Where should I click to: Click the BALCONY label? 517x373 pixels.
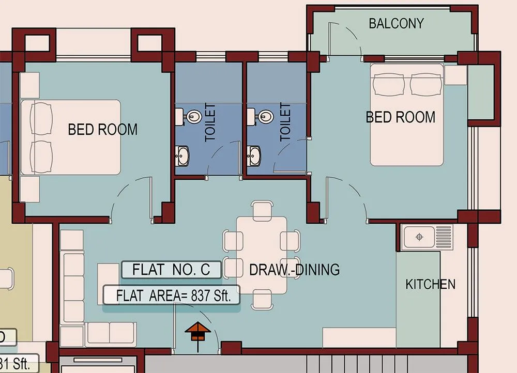tap(396, 23)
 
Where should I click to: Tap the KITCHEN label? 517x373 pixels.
tap(430, 284)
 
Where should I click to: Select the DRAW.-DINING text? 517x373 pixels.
tap(294, 270)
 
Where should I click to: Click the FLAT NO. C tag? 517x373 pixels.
tap(171, 270)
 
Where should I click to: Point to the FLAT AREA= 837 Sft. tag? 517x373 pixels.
tap(171, 296)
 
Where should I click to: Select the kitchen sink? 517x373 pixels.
tap(419, 237)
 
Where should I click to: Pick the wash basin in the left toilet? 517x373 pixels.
tap(183, 154)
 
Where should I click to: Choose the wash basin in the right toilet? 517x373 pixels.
tap(254, 154)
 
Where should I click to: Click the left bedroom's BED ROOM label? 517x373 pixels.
tap(103, 129)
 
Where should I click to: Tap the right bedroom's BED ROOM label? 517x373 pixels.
tap(401, 117)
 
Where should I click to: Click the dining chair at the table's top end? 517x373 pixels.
tap(262, 210)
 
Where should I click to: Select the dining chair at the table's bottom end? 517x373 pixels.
tap(262, 301)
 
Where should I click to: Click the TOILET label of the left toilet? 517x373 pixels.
tap(210, 122)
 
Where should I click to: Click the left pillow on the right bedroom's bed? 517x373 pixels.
tap(389, 84)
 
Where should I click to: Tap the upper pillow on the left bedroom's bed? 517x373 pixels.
tap(41, 118)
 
